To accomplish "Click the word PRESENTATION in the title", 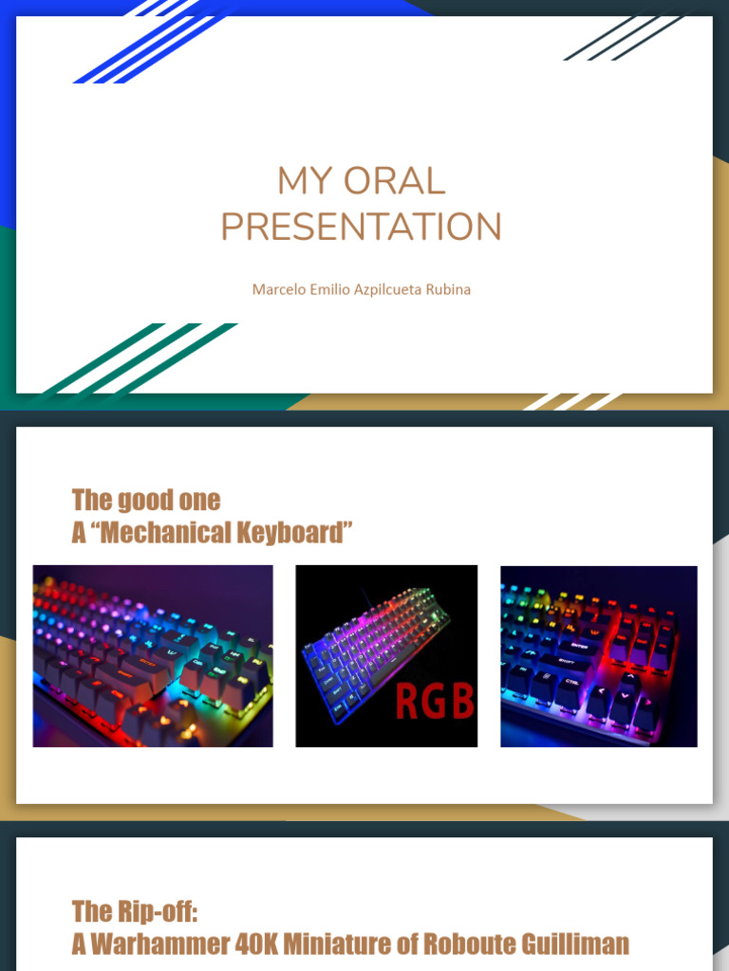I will tap(361, 228).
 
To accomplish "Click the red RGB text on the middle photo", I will tap(433, 703).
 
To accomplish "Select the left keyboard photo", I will tap(153, 656).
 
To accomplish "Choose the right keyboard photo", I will tap(598, 656).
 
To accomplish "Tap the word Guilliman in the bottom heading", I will tap(573, 944).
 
